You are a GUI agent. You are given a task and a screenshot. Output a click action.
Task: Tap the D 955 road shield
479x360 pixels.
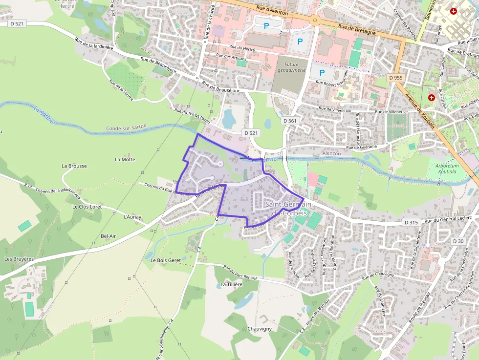pyautogui.click(x=396, y=78)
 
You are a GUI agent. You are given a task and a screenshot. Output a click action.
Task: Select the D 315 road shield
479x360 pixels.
pyautogui.click(x=412, y=222)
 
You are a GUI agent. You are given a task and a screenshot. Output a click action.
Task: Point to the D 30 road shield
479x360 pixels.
pyautogui.click(x=458, y=241)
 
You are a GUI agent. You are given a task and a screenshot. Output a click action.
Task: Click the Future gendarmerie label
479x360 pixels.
pyautogui.click(x=291, y=67)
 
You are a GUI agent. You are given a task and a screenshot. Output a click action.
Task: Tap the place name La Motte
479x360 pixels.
pyautogui.click(x=125, y=159)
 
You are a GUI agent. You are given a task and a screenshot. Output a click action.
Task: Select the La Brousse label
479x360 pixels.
pyautogui.click(x=74, y=166)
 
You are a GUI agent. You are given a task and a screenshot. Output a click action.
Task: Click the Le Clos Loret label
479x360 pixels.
pyautogui.click(x=87, y=207)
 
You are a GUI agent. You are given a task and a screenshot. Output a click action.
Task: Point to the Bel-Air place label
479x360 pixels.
pyautogui.click(x=108, y=236)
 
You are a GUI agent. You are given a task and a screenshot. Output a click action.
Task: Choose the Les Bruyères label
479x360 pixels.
pyautogui.click(x=19, y=259)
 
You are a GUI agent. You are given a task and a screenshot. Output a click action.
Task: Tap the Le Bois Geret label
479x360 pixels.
pyautogui.click(x=166, y=260)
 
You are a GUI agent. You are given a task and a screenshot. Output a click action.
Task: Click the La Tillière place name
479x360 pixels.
pyautogui.click(x=231, y=284)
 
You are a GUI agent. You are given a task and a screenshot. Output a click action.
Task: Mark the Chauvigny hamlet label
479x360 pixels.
pyautogui.click(x=259, y=329)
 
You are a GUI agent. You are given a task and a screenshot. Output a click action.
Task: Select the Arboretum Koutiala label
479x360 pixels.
pyautogui.click(x=445, y=169)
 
